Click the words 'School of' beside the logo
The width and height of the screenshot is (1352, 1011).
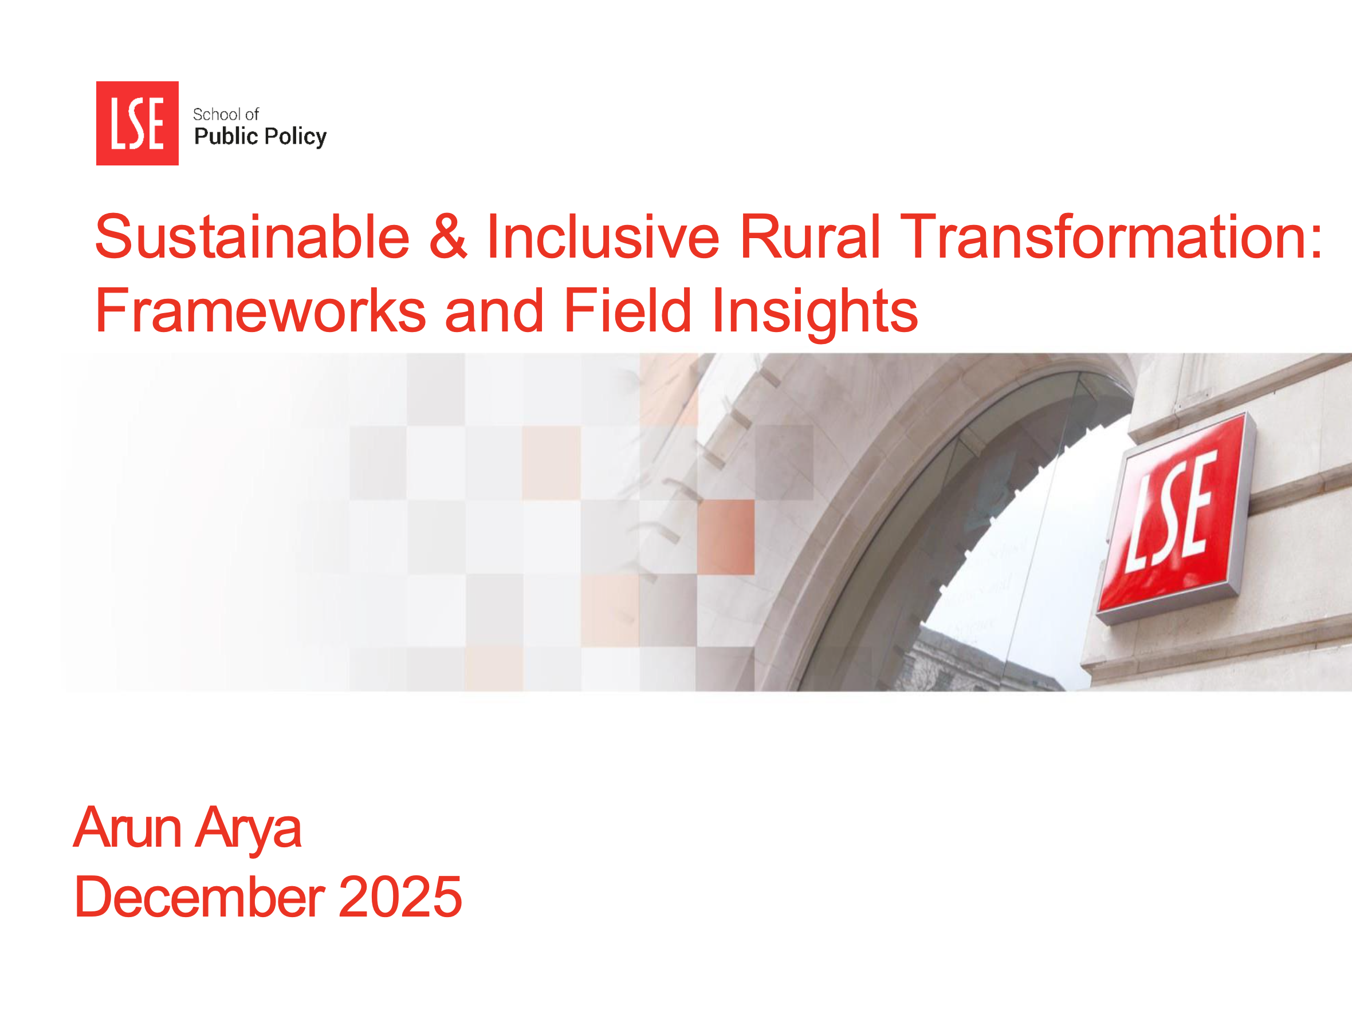[x=226, y=114]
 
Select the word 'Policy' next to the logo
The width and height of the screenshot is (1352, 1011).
[x=295, y=137]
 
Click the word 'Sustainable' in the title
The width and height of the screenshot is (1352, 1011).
[x=252, y=237]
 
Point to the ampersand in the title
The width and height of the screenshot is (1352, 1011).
[x=448, y=237]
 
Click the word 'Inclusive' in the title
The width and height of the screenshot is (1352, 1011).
[x=603, y=237]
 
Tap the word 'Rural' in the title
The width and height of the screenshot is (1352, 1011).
[x=809, y=237]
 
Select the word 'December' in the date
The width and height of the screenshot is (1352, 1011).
[x=199, y=897]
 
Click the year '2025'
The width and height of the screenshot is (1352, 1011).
[x=400, y=897]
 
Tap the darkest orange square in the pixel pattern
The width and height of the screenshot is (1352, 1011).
[x=725, y=536]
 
